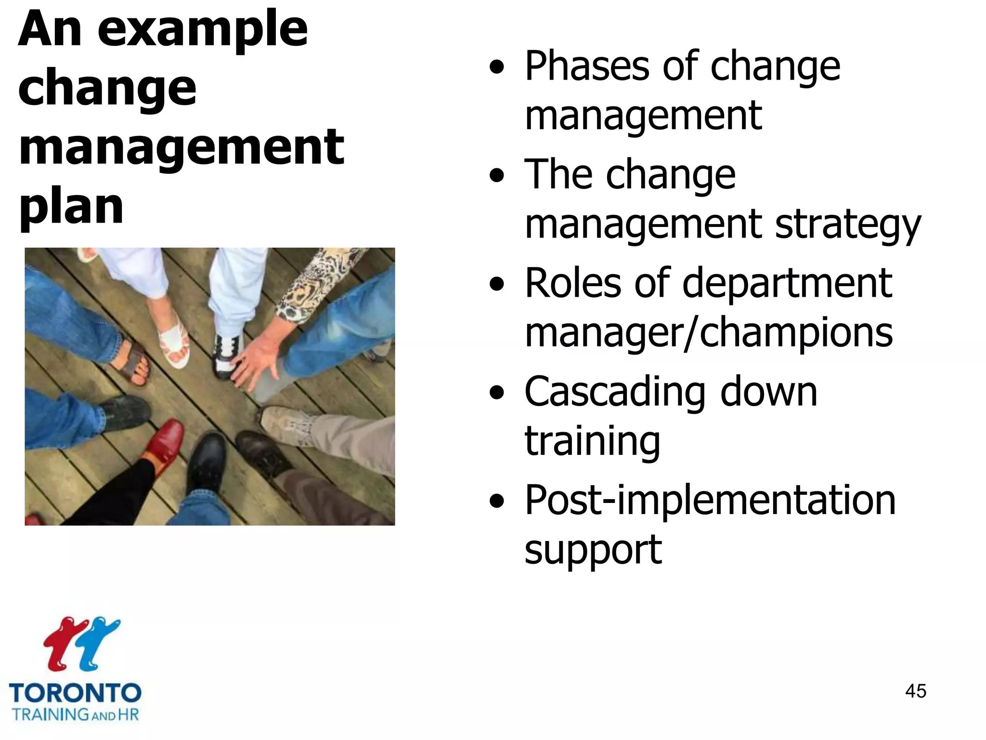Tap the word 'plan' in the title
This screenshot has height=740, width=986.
71,207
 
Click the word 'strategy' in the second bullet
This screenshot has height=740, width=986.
847,225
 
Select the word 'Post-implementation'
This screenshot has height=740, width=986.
710,501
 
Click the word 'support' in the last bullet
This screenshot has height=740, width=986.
593,550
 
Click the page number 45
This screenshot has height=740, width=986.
915,691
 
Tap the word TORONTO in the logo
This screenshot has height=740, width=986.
75,694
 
